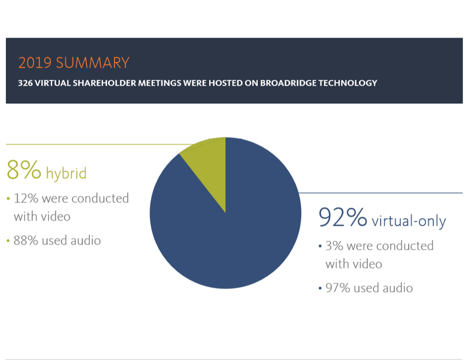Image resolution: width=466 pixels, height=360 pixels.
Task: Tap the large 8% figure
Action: [24, 170]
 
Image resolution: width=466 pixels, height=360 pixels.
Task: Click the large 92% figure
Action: [343, 217]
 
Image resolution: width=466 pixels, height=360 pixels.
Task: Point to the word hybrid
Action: [66, 173]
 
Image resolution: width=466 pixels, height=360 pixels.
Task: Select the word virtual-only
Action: [409, 221]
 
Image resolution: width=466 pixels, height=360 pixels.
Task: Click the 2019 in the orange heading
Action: [35, 63]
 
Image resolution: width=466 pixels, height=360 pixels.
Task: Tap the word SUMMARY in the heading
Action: [92, 63]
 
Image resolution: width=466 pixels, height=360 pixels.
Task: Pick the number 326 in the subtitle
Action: [25, 83]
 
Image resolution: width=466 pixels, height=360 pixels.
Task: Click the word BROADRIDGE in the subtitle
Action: [288, 83]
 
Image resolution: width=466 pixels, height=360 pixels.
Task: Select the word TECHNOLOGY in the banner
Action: [348, 83]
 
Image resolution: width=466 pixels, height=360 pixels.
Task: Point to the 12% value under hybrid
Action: [26, 198]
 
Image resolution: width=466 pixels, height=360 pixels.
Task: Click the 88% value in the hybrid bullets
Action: [26, 241]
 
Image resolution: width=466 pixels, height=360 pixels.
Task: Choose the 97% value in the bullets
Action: [338, 288]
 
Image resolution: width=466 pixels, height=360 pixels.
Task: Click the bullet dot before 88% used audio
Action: [8, 241]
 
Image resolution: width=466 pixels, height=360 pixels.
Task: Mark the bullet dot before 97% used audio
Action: [320, 288]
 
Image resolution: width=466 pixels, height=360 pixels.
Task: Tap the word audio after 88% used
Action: [86, 241]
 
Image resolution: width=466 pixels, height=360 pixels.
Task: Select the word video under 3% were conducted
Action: [367, 264]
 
